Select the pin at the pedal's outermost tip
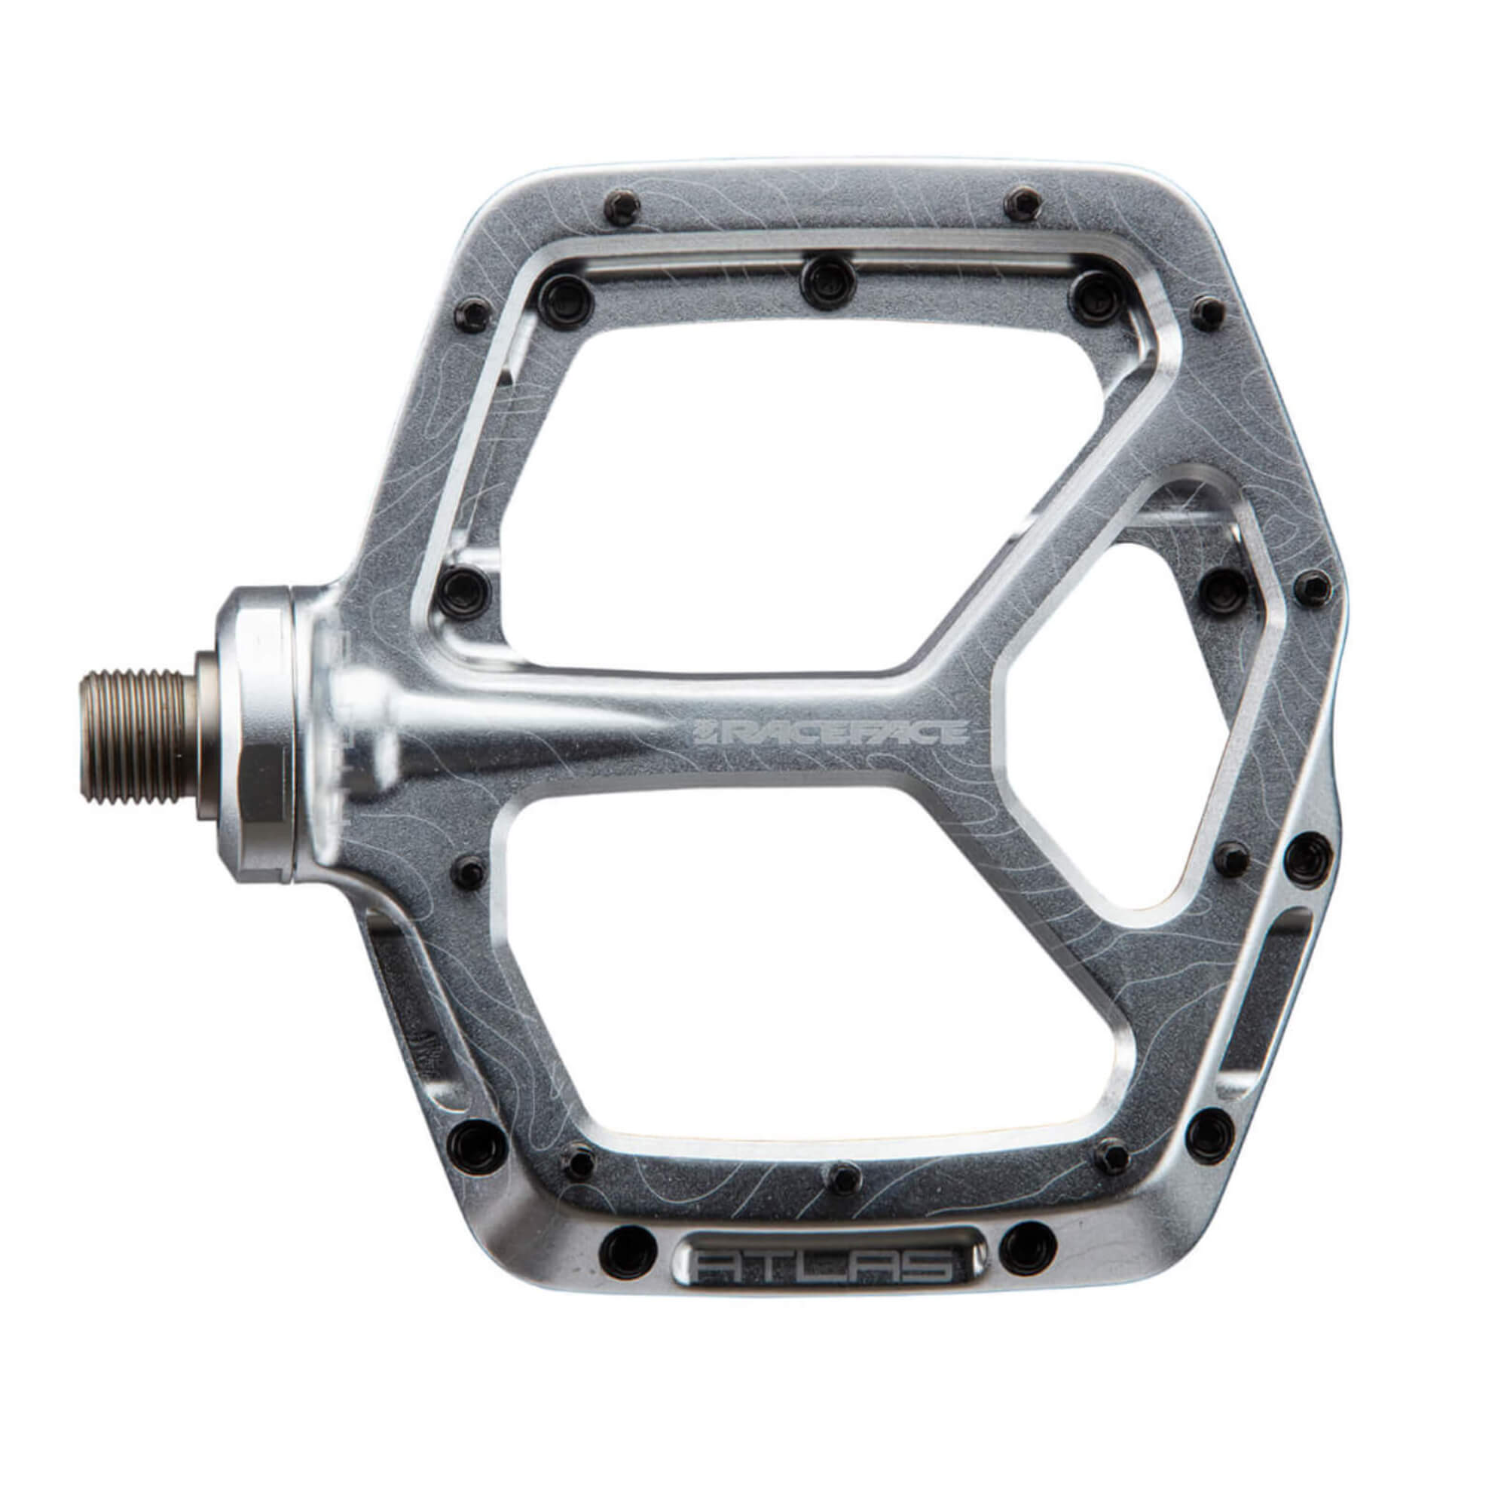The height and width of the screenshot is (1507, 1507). coord(1313,582)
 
